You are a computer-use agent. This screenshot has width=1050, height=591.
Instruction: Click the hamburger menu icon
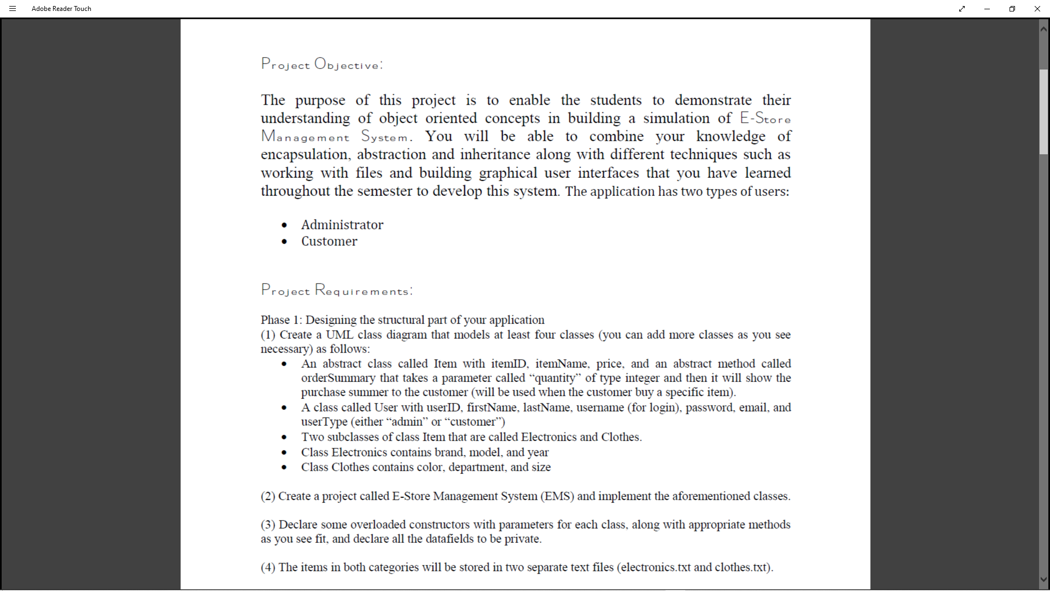click(13, 9)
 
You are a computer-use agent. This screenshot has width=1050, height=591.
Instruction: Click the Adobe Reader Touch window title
click(61, 9)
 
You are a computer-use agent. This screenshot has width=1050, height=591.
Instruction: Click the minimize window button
click(987, 9)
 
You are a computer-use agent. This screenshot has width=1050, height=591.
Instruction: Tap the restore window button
click(1012, 9)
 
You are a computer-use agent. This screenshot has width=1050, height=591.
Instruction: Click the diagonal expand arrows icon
click(962, 9)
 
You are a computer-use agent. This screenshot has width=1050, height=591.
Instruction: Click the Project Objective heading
click(322, 65)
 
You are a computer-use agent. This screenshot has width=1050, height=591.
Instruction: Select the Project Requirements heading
click(336, 290)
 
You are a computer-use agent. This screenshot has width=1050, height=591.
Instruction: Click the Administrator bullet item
click(342, 225)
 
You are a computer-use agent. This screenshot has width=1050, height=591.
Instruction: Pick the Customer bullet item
click(329, 241)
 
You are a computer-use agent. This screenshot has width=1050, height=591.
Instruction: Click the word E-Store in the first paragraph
click(765, 118)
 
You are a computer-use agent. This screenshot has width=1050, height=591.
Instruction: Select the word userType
click(324, 422)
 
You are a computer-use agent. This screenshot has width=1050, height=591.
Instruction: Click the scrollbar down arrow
click(1043, 579)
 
